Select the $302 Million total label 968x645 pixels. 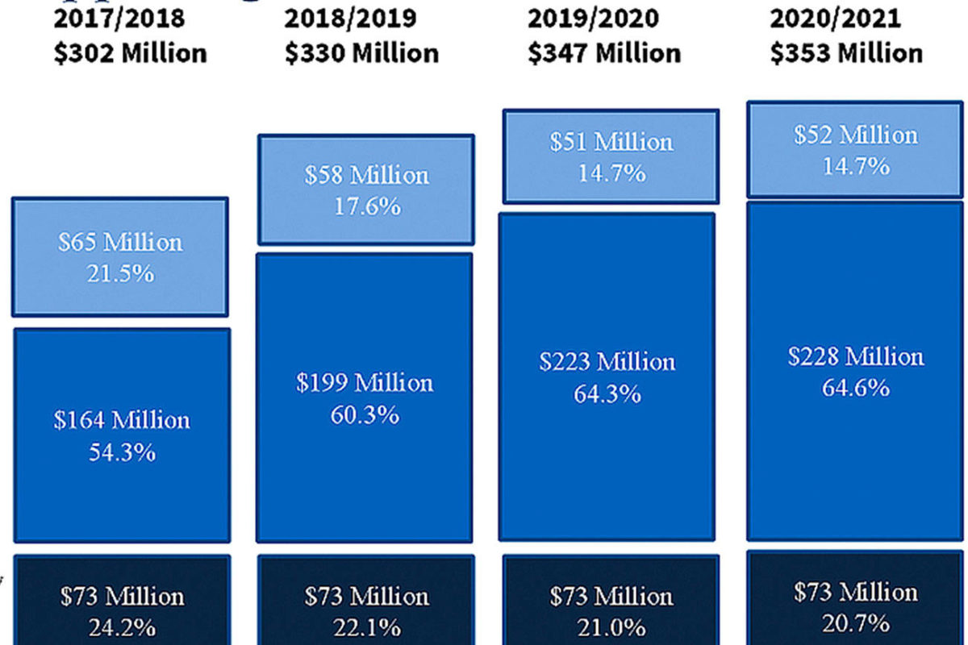[x=131, y=53]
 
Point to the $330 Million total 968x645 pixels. [x=362, y=53]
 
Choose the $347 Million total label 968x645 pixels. [x=605, y=53]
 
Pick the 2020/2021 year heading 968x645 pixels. [x=835, y=18]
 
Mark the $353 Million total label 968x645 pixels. [x=846, y=53]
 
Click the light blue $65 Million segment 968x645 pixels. [x=120, y=256]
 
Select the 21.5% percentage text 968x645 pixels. [x=120, y=274]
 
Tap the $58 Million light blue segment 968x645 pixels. [x=366, y=189]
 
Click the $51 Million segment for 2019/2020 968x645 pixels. [x=611, y=156]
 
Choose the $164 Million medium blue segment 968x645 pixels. [x=122, y=435]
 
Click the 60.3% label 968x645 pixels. [x=365, y=416]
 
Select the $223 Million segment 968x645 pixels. [x=607, y=377]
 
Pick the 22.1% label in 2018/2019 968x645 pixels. [x=366, y=626]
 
